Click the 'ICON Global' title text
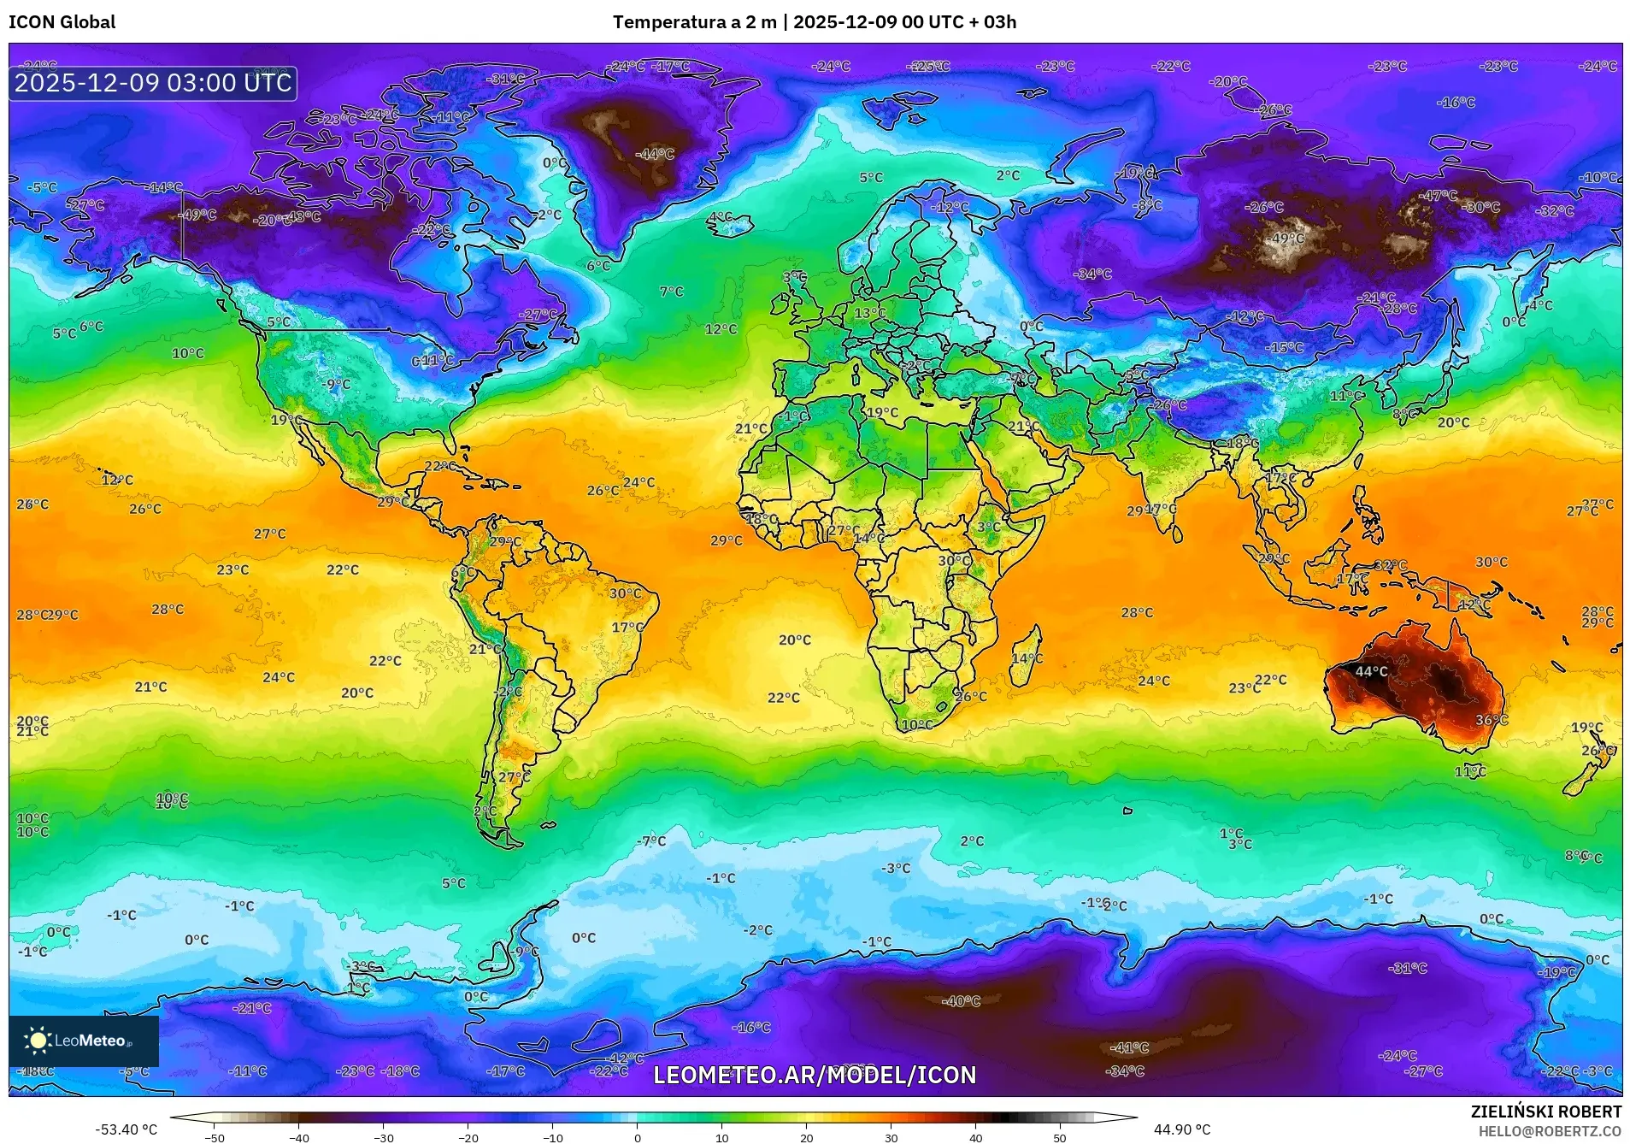[62, 22]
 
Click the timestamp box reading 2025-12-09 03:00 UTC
[153, 83]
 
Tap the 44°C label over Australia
[1371, 671]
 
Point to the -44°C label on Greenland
[656, 154]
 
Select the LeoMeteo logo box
[84, 1041]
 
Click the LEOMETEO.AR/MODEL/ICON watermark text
[814, 1075]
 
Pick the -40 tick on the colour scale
[299, 1137]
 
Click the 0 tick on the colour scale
[638, 1137]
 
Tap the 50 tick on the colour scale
[1060, 1137]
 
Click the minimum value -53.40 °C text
[126, 1129]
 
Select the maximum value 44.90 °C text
[1182, 1129]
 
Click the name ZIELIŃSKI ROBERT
[1545, 1112]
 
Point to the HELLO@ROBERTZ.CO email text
[1550, 1130]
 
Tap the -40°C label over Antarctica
[961, 1000]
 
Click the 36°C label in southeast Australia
[1492, 720]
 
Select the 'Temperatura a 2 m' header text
[693, 22]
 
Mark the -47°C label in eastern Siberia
[1439, 195]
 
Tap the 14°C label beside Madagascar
[1027, 658]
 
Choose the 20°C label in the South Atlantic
[794, 640]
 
